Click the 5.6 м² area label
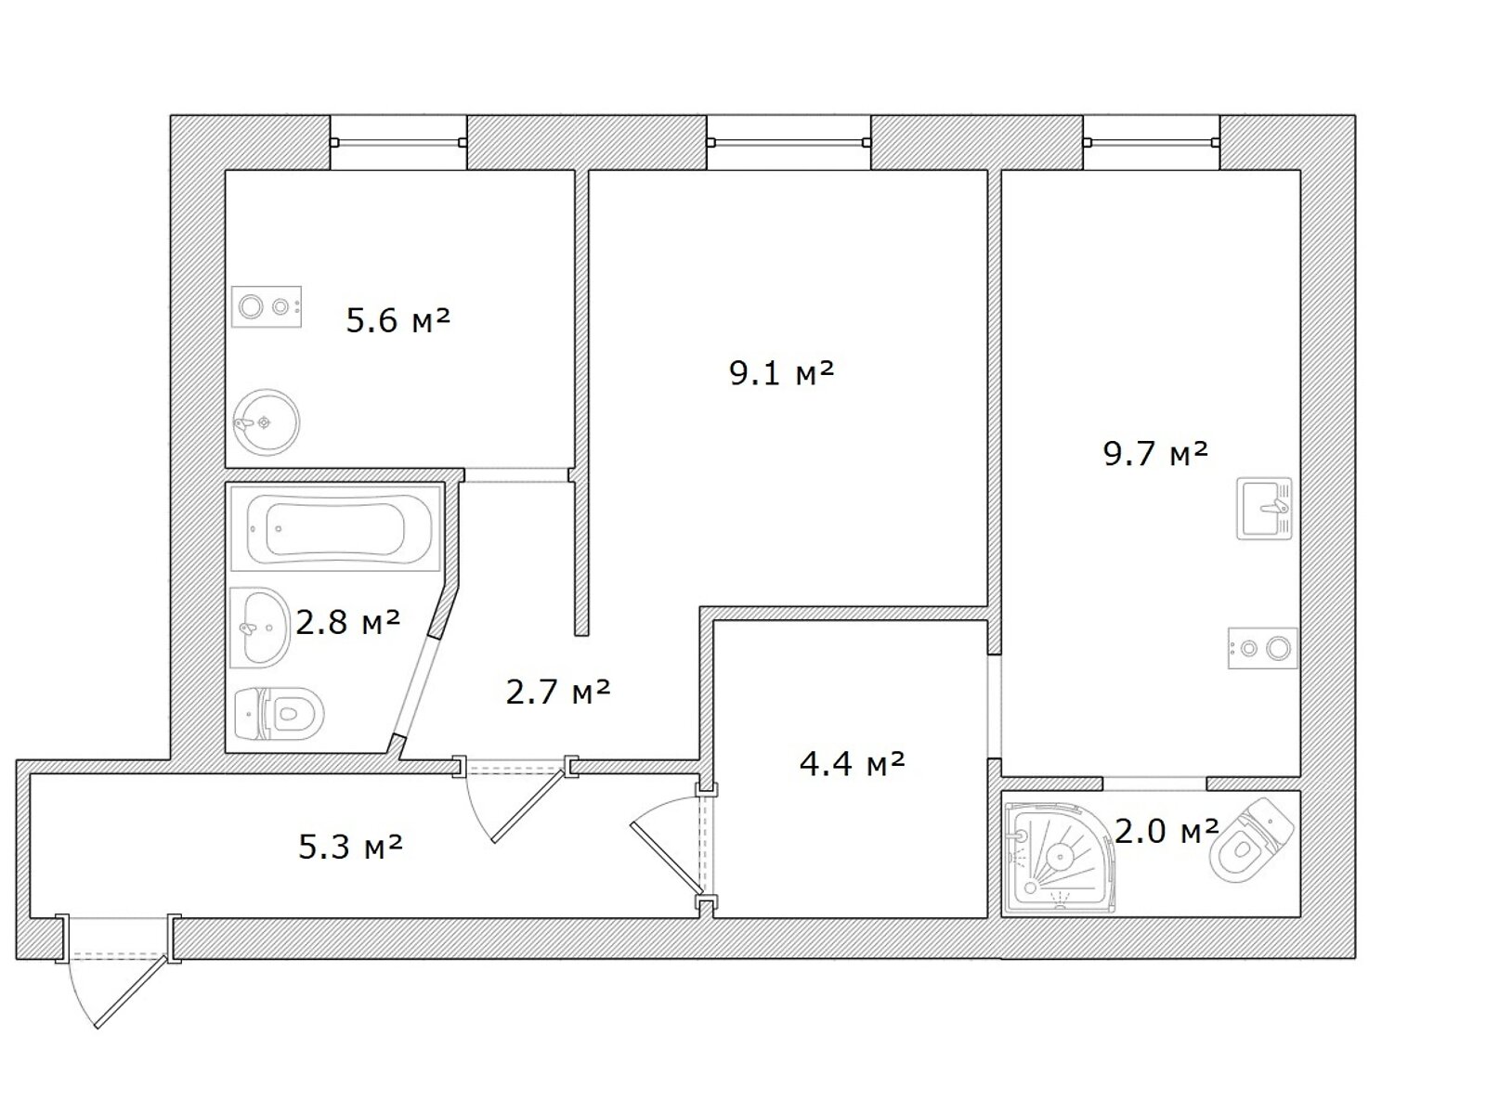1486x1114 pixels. tap(398, 320)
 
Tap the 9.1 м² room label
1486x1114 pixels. tap(781, 372)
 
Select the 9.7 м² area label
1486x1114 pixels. tap(1155, 453)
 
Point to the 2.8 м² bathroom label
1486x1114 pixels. tap(348, 622)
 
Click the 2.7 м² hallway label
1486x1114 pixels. tap(558, 692)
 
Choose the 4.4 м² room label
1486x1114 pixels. tap(852, 764)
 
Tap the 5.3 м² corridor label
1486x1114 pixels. tap(351, 846)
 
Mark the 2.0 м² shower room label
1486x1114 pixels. tap(1167, 831)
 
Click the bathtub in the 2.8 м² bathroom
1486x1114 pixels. tap(336, 528)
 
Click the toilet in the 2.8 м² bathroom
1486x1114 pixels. tap(279, 714)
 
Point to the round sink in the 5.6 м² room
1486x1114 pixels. tap(266, 422)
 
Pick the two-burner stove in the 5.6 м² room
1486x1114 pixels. tap(266, 307)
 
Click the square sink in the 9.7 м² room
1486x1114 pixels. tap(1264, 509)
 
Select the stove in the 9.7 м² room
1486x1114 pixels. tap(1263, 649)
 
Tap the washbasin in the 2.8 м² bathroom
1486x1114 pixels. tap(259, 628)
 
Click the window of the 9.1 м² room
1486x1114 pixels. tap(789, 142)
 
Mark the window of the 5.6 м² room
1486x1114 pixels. tap(398, 142)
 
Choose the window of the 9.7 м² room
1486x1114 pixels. tap(1152, 142)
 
